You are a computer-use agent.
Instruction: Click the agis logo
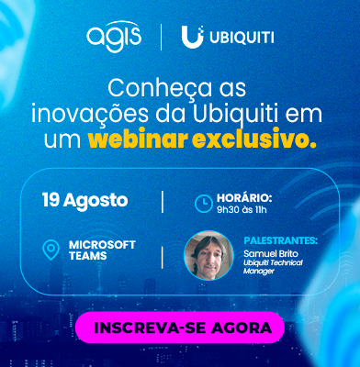114,37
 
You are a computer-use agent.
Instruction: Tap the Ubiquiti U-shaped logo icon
192,37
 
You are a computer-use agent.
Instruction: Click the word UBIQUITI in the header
242,38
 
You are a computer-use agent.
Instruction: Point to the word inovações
89,114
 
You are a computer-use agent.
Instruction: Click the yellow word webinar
138,140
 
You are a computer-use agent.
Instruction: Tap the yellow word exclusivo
254,140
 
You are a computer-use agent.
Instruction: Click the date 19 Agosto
84,200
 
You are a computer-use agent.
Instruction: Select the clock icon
204,203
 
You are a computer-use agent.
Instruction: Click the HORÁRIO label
244,198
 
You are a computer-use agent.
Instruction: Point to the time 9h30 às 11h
242,210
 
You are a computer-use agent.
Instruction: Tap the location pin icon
51,250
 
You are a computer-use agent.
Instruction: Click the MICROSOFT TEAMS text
102,250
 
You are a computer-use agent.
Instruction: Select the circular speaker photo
208,255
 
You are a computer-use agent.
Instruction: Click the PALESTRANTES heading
281,240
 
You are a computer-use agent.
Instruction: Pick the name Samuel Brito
271,253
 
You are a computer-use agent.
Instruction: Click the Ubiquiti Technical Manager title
273,267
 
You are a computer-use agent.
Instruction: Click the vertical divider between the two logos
162,38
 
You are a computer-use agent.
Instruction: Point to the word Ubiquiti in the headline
236,114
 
